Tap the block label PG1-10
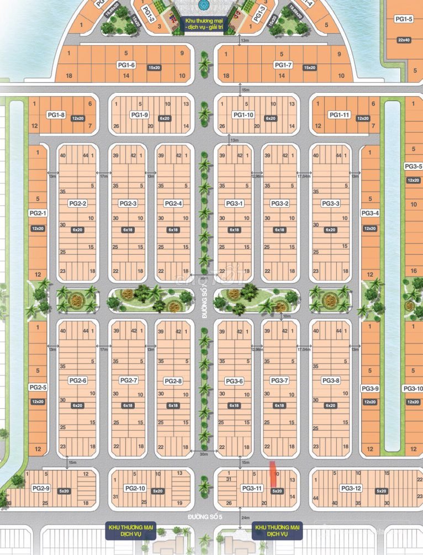pos(244,115)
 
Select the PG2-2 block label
pos(78,203)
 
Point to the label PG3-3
pos(330,203)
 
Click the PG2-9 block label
pos(41,488)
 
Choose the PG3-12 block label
pos(351,488)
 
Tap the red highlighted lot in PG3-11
pos(272,473)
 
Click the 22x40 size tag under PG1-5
pos(404,40)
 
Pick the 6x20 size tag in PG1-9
pos(165,119)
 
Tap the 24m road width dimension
pos(245,517)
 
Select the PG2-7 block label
pos(128,380)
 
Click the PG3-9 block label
pos(370,388)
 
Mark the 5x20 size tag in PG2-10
pos(158,491)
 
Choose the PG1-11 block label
pos(340,115)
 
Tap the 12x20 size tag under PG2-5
pos(38,401)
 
